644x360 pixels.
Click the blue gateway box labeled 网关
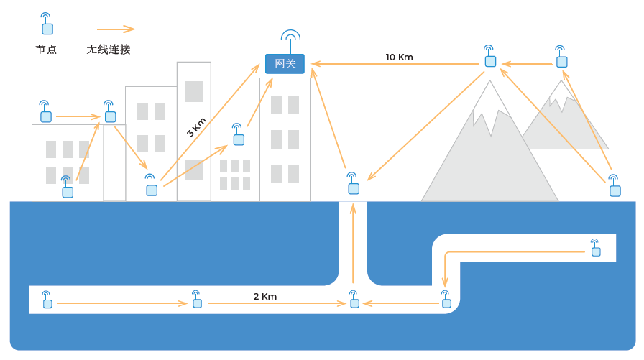(285, 64)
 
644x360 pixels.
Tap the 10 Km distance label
(399, 57)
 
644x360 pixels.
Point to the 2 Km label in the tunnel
(264, 296)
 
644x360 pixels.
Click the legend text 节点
(46, 50)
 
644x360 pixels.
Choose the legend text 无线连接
(109, 50)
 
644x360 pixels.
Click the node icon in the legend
(47, 26)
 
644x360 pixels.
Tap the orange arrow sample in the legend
(116, 29)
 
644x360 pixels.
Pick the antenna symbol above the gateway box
(290, 37)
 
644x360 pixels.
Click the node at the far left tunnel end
(47, 301)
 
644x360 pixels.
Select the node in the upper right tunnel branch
(595, 249)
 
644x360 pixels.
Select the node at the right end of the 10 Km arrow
(490, 59)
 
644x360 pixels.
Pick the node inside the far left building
(67, 189)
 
